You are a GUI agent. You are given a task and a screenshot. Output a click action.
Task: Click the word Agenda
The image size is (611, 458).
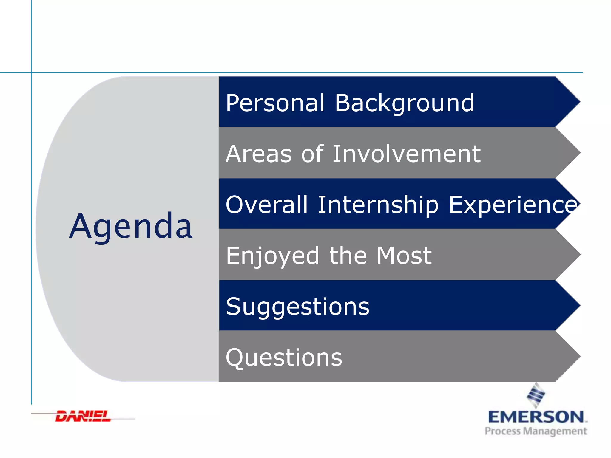click(131, 227)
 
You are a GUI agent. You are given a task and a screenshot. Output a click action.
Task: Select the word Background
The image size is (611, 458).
click(404, 103)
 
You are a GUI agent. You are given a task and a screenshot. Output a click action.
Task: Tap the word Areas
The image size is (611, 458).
click(258, 154)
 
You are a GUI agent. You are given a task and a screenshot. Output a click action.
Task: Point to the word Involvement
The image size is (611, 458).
click(406, 154)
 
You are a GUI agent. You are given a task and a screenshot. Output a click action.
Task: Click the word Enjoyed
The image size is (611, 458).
click(272, 256)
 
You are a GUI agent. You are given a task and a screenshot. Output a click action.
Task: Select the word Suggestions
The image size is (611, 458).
click(297, 307)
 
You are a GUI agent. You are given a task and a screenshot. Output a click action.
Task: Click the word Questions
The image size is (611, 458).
click(284, 357)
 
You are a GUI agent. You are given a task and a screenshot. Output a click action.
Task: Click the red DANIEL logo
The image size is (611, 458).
click(83, 416)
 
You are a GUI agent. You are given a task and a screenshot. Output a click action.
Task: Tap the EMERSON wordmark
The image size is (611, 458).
click(536, 417)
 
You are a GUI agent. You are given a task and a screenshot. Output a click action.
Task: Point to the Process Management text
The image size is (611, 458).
click(536, 431)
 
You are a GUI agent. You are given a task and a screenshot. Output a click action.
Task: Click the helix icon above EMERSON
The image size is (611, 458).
click(536, 395)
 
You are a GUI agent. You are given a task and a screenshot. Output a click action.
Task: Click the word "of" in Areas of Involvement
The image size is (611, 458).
click(312, 154)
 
